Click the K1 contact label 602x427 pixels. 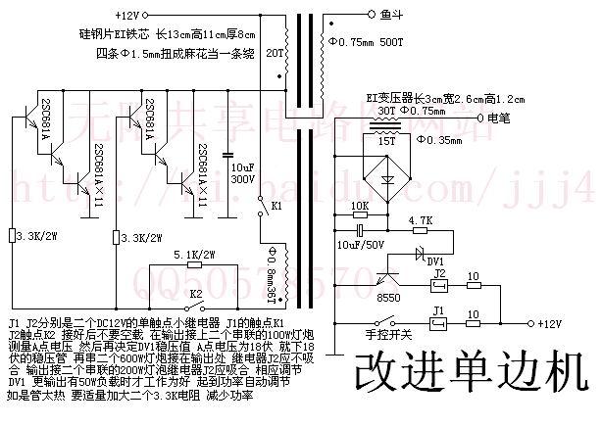point(276,208)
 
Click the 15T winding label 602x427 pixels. point(382,143)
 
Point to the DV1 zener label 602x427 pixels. point(435,261)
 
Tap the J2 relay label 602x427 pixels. point(440,273)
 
